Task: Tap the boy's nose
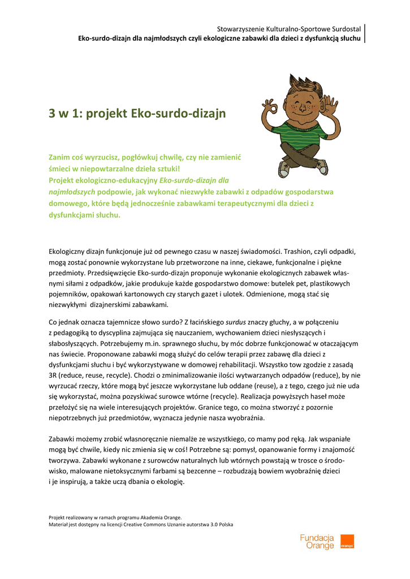(x=296, y=107)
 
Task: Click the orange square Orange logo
(x=347, y=542)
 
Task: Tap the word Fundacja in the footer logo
(x=317, y=538)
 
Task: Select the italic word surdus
(x=236, y=322)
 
